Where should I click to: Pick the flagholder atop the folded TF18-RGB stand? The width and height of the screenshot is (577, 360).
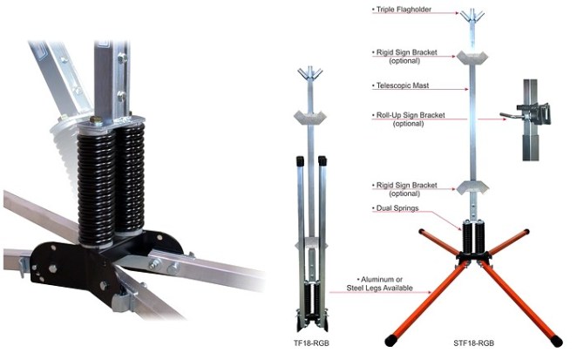(311, 75)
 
